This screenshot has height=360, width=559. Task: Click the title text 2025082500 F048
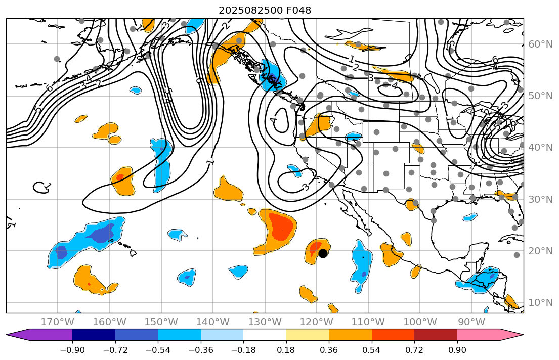pos(265,10)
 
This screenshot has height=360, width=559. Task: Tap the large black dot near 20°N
pos(323,253)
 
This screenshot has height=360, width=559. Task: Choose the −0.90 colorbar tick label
pos(72,350)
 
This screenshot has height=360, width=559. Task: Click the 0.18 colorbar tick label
pos(286,350)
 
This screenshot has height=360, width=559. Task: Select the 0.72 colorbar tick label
pos(414,350)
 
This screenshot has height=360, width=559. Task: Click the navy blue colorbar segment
pos(94,335)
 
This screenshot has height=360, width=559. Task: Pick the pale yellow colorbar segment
pos(308,335)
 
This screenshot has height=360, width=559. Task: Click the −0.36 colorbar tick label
pos(201,350)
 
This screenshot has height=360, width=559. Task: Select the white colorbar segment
pos(265,335)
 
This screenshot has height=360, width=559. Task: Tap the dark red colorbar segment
pos(436,335)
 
